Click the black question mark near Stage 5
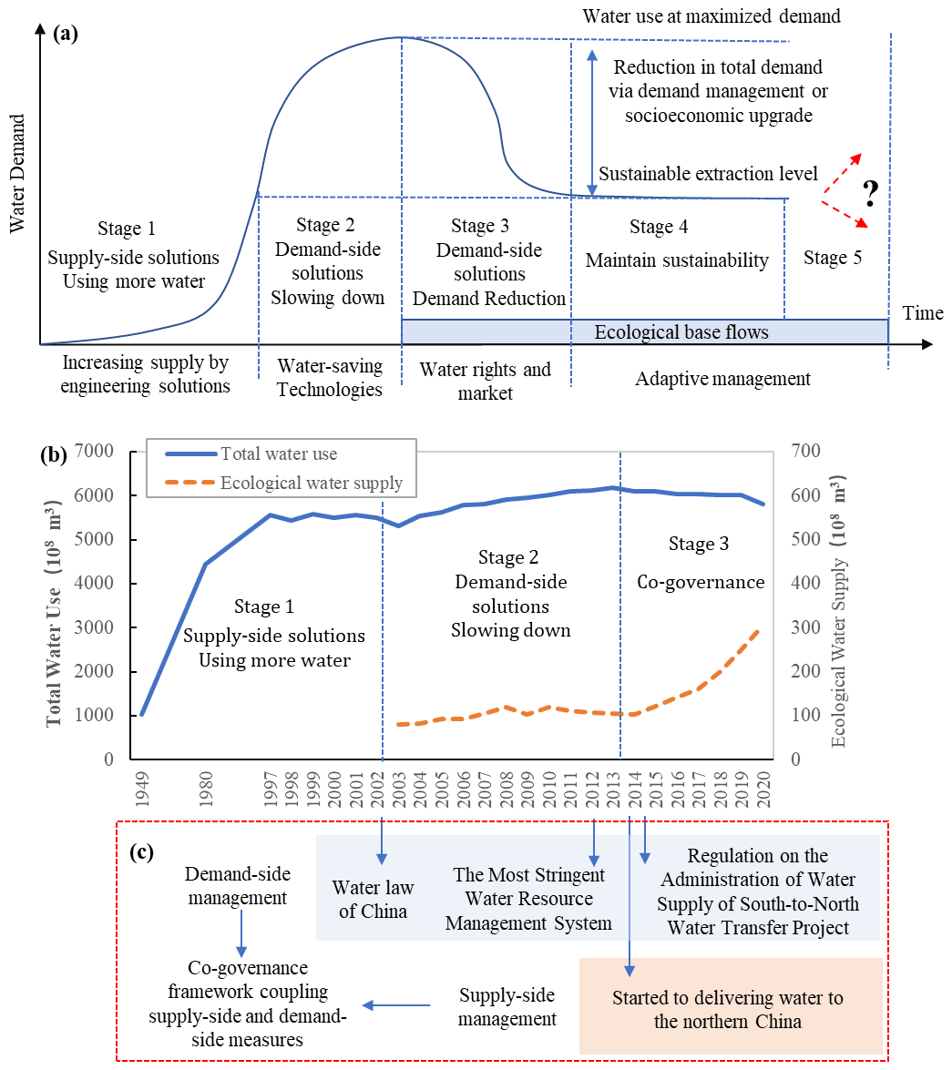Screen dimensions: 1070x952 tap(871, 192)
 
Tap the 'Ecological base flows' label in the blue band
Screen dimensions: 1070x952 tap(681, 332)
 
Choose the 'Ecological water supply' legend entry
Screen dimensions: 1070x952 tap(311, 483)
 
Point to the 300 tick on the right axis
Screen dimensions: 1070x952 tap(807, 628)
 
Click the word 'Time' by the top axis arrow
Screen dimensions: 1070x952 tap(923, 313)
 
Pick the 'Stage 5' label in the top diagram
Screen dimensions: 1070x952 tap(833, 258)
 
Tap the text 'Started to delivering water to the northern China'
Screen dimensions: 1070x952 tap(728, 1009)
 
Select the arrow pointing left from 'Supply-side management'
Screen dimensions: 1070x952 tap(397, 1005)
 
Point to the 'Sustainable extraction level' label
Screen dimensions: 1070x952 tap(708, 173)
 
